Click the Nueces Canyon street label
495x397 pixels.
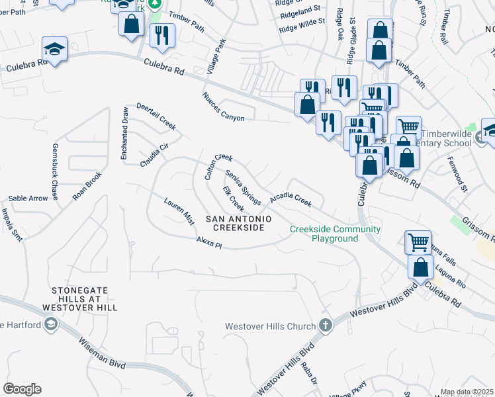coord(224,107)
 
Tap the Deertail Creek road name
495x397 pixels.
coord(156,116)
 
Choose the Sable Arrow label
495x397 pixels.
coord(28,198)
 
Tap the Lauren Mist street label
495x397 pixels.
coord(179,211)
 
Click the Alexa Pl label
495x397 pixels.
coord(209,242)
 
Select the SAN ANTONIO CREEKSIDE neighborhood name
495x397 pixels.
coord(235,223)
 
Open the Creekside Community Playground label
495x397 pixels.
coord(335,234)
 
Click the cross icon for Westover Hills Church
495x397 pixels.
coord(324,326)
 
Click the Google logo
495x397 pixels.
coord(22,389)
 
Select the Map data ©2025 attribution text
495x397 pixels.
coord(467,392)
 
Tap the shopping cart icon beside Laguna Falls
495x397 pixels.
coord(418,242)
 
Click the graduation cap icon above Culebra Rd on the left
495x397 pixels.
coord(54,48)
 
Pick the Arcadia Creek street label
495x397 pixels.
coord(290,199)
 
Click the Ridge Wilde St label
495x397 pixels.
coord(302,25)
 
